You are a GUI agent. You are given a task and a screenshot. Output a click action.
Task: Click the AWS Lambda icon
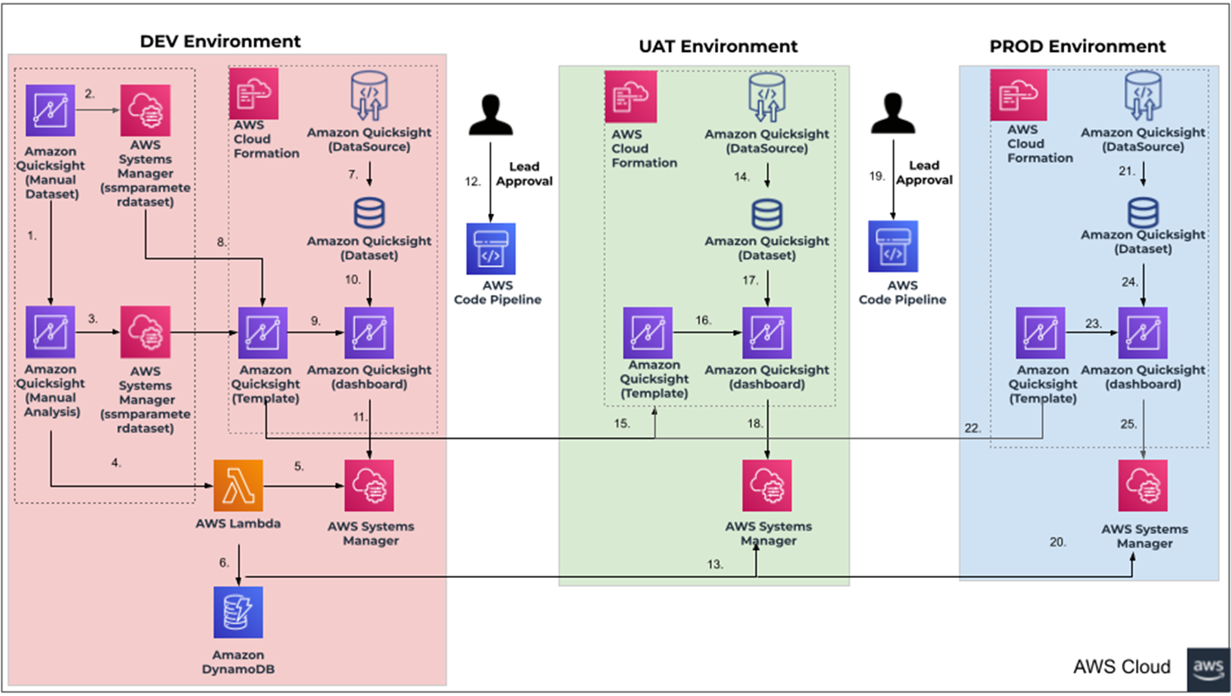tap(238, 485)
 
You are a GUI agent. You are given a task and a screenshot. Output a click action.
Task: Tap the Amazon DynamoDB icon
tap(238, 612)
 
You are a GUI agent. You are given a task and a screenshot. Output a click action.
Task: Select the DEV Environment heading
tap(220, 41)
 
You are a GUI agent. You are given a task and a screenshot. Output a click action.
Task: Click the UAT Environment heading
tap(718, 46)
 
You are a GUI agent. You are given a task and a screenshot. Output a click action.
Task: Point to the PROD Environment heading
tap(1077, 46)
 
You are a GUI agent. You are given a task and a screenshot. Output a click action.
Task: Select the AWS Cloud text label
tap(1122, 666)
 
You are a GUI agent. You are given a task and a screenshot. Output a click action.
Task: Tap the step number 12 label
tap(472, 181)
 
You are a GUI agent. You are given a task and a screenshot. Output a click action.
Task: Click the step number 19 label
tap(877, 175)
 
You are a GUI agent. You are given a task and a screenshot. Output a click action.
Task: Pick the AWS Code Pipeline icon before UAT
tap(491, 249)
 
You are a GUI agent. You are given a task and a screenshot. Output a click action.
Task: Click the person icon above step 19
tap(893, 113)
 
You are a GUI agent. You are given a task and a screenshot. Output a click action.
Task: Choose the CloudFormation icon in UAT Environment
tap(630, 97)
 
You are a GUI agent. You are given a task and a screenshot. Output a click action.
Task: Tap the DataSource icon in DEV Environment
tap(369, 96)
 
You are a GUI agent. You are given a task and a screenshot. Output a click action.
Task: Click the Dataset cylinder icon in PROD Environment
tap(1143, 212)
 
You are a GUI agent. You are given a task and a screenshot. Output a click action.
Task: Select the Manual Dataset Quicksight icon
tap(50, 110)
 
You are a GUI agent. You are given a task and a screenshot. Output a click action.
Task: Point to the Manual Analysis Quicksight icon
tap(50, 331)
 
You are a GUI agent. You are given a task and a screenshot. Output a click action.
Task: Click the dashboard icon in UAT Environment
tap(767, 332)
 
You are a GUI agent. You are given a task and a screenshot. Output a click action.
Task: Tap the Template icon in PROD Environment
tap(1040, 332)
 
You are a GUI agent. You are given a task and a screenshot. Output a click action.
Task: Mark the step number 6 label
tap(223, 563)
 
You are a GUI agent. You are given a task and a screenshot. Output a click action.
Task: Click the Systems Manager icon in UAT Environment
tap(767, 485)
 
